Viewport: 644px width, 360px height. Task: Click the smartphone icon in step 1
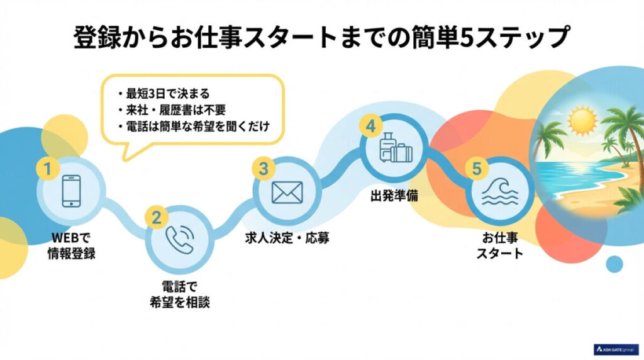click(x=70, y=192)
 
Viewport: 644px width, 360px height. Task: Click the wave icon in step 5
click(x=499, y=193)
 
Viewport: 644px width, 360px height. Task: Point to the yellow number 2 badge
click(x=155, y=217)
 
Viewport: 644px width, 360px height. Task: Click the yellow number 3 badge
click(x=264, y=169)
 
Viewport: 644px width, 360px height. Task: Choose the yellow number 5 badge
click(x=477, y=168)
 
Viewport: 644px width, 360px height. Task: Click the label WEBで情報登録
click(x=70, y=247)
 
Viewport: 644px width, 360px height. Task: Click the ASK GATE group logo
click(x=616, y=349)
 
